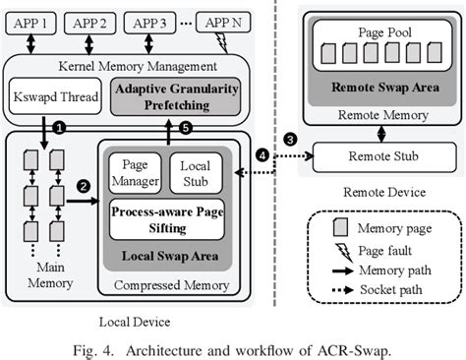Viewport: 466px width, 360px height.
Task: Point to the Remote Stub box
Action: pyautogui.click(x=375, y=156)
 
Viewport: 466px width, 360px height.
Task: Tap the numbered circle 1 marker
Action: pyautogui.click(x=59, y=128)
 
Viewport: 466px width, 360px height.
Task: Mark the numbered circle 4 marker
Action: pyautogui.click(x=260, y=155)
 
